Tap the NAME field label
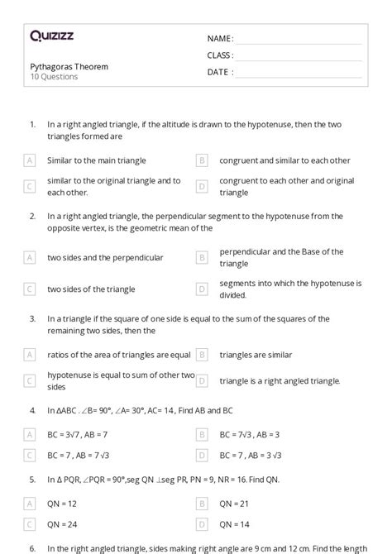coord(220,38)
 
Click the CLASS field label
coord(220,55)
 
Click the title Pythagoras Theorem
coord(69,66)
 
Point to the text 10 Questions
coord(54,77)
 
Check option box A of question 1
coord(30,160)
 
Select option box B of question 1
coord(202,160)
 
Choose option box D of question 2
coord(202,289)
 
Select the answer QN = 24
coord(65,523)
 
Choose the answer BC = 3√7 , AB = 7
coord(78,433)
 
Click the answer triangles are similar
coord(256,355)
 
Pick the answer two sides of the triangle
coord(91,289)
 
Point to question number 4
coord(31,409)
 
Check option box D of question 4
coord(202,455)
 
